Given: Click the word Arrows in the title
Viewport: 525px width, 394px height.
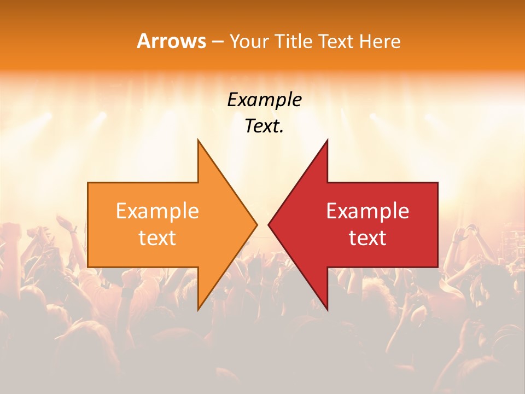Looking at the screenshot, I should [172, 41].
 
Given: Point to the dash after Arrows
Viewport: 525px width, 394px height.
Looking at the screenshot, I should [217, 42].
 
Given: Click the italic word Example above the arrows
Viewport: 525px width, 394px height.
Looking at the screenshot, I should [264, 100].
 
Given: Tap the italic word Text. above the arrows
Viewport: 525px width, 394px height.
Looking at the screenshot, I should [264, 126].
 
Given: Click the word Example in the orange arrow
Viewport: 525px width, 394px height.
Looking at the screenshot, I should [157, 211].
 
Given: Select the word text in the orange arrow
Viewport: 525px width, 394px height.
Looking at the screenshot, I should [157, 238].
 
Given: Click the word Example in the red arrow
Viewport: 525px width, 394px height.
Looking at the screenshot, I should [367, 211].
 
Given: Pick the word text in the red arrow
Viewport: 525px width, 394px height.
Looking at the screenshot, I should [367, 238].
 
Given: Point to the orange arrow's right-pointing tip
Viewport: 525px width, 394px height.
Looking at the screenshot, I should [257, 224].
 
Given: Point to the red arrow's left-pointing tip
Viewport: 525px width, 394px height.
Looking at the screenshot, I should [268, 224].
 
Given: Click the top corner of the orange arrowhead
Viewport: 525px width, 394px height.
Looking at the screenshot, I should [198, 140].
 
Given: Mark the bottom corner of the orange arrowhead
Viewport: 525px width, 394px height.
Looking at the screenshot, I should [198, 310].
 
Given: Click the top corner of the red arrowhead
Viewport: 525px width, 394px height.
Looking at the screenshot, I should [327, 140].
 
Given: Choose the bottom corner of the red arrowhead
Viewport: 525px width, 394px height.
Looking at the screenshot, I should [327, 310].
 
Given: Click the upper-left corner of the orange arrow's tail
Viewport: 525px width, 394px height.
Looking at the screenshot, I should [88, 183].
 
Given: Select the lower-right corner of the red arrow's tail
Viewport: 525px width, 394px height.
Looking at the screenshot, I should [437, 267].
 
